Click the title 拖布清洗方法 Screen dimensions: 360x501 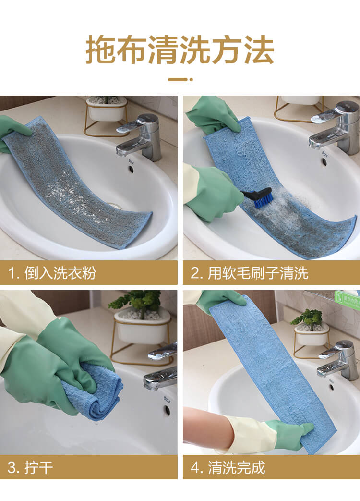point(180,50)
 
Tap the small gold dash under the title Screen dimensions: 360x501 point(180,79)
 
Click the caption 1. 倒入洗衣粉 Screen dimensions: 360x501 point(52,273)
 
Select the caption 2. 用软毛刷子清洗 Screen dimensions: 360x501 point(249,273)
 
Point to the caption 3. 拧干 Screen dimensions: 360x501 point(30,468)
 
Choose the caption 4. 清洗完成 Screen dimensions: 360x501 point(228,468)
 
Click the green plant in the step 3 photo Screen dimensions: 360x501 point(137,302)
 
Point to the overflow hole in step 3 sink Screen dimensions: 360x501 point(167,409)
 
